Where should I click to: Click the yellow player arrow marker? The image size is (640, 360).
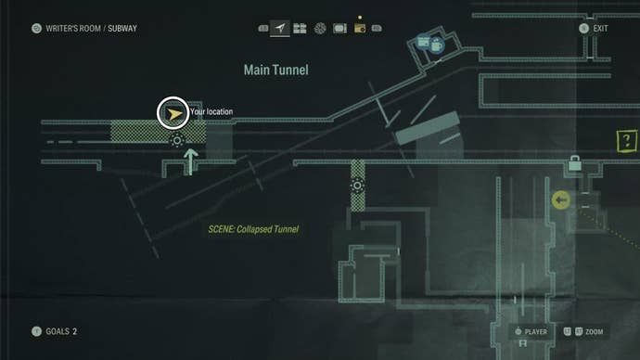click(173, 112)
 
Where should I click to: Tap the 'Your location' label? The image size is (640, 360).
click(211, 112)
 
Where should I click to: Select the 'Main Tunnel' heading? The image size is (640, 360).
click(275, 70)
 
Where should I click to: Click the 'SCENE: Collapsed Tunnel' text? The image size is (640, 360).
click(253, 229)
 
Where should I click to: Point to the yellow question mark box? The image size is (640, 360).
click(628, 142)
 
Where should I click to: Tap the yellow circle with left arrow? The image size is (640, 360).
click(560, 199)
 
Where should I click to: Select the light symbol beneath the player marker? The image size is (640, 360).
click(177, 141)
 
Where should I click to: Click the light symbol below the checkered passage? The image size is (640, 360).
click(358, 186)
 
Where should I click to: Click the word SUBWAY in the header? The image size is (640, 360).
click(122, 29)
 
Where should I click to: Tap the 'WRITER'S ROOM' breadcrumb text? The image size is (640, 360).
click(73, 29)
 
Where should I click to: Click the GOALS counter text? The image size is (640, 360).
click(61, 331)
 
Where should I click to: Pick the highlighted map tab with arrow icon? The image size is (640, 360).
click(280, 29)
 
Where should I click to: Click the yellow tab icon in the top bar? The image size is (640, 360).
click(359, 29)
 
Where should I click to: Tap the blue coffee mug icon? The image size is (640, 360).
click(435, 44)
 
